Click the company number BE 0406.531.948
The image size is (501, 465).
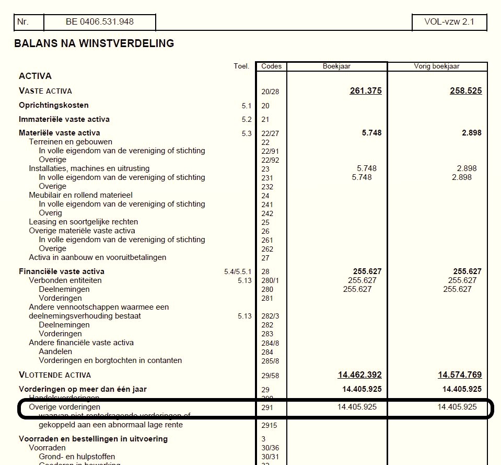point(99,22)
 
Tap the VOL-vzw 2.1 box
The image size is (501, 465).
point(449,22)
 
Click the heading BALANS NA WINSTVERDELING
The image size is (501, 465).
point(94,43)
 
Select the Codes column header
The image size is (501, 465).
point(271,66)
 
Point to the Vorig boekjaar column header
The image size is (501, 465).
point(437,66)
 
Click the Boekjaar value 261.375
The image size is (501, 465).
point(366,91)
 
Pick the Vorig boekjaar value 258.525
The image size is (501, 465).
point(465,91)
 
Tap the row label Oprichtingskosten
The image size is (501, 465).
point(54,105)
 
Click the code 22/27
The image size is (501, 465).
point(270,133)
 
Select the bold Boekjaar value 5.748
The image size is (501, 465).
point(371,133)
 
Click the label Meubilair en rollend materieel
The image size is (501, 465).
point(80,195)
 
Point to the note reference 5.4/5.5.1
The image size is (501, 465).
point(238,271)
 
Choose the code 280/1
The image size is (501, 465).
point(270,281)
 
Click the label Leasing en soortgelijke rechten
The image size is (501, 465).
point(83,222)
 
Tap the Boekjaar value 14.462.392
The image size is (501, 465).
point(359,375)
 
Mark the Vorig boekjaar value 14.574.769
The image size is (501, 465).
point(460,375)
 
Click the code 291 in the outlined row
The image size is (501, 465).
point(267,407)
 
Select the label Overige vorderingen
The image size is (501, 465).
point(64,407)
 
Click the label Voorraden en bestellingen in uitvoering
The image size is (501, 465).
point(93,438)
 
